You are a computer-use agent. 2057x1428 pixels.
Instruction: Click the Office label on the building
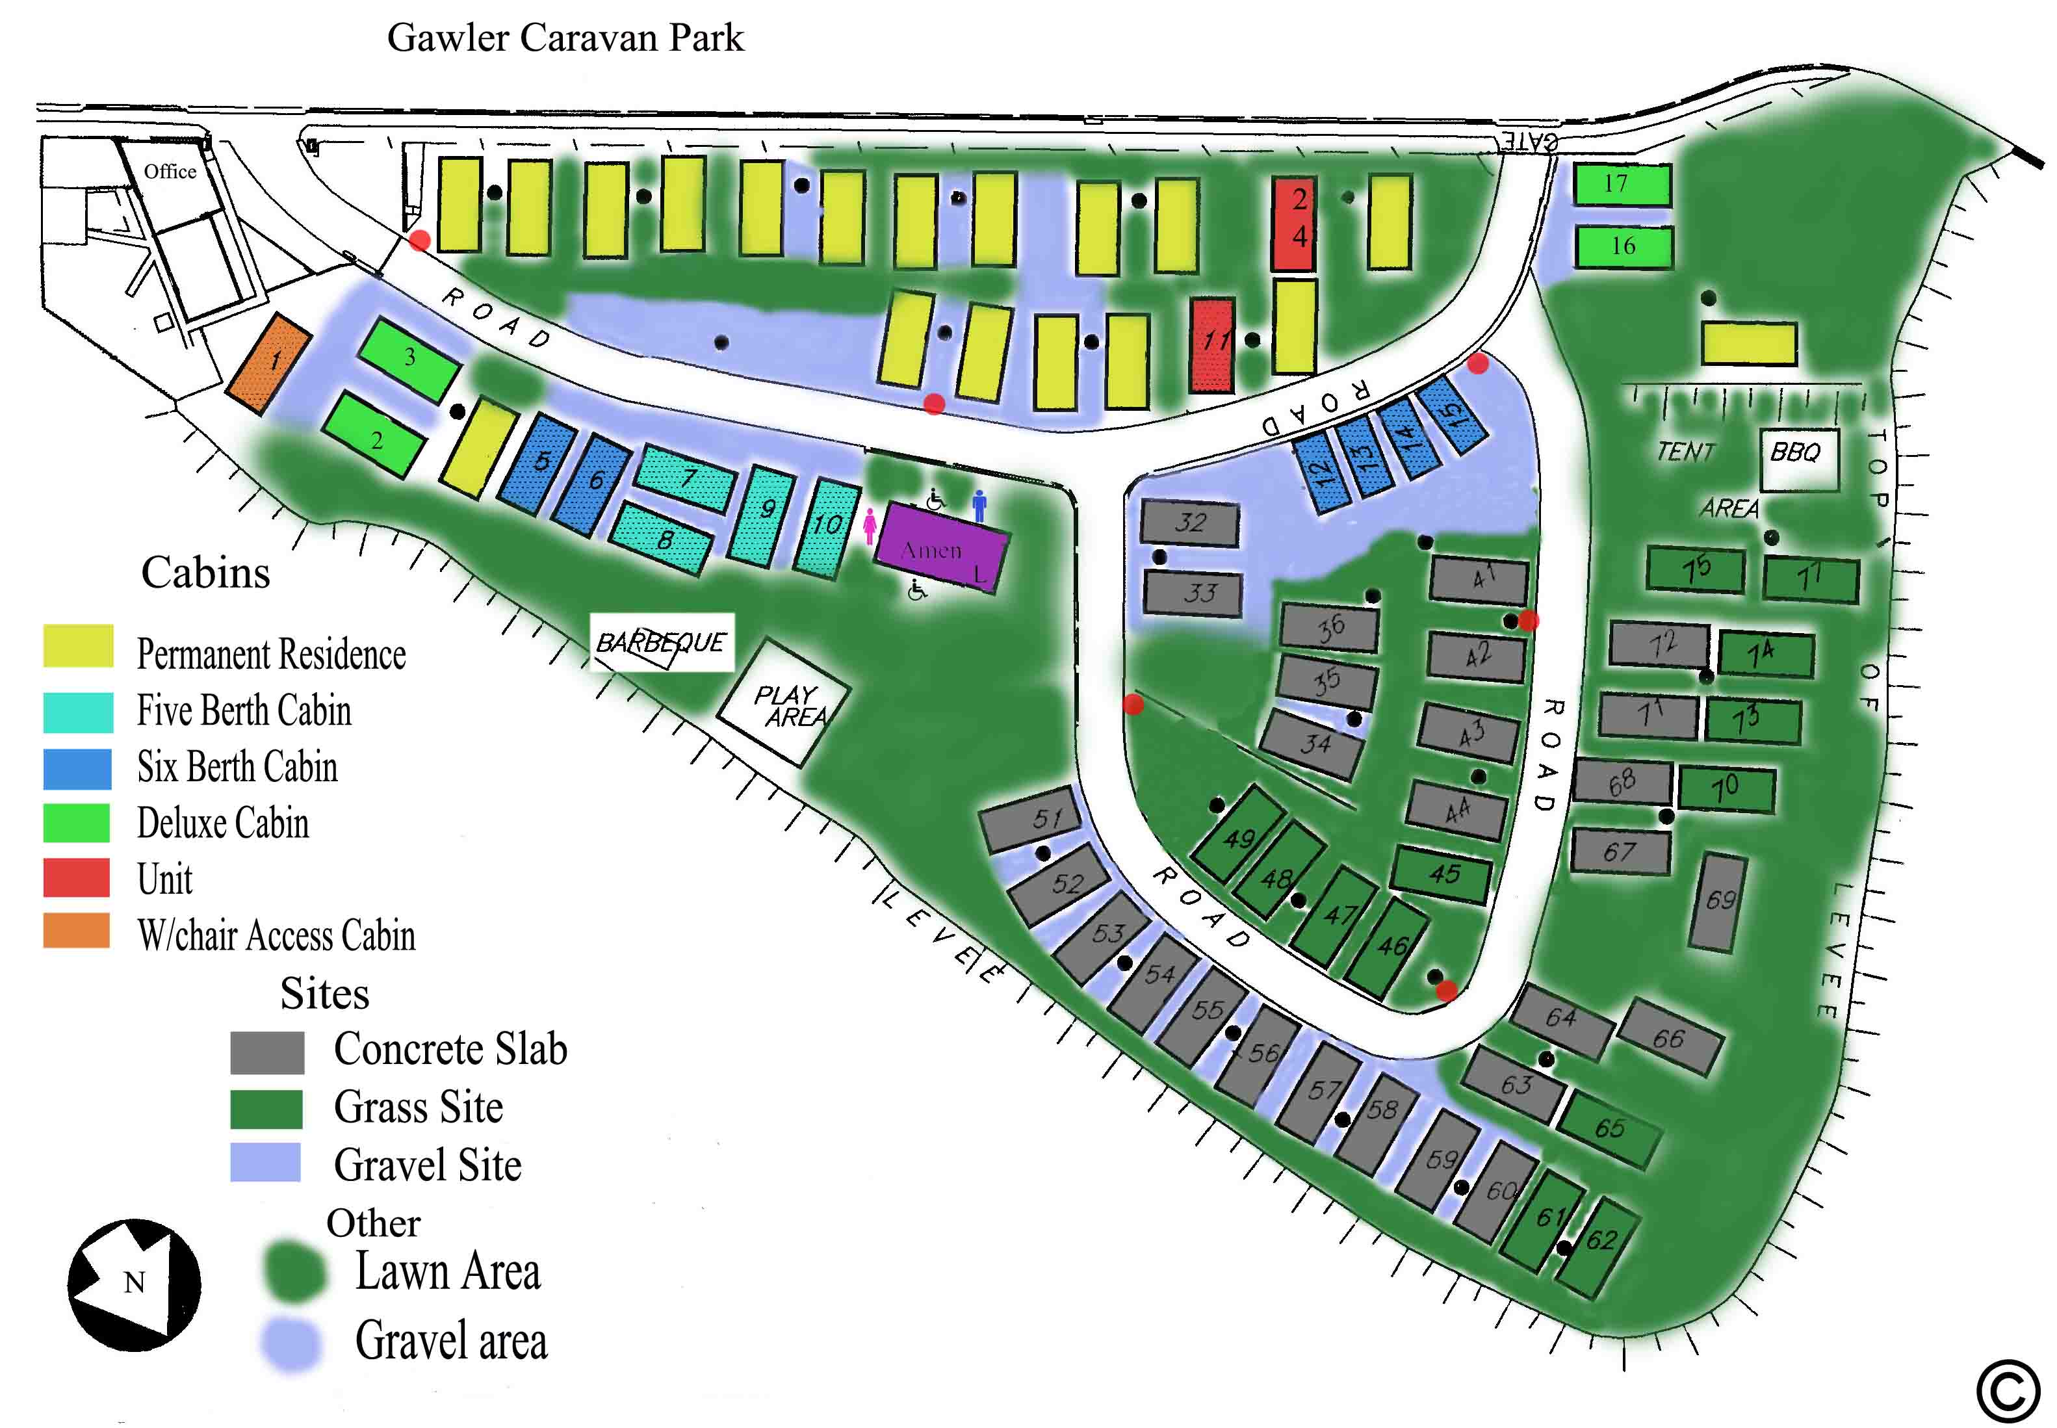[x=170, y=171]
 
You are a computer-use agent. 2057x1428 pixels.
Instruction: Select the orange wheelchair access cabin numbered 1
[x=268, y=363]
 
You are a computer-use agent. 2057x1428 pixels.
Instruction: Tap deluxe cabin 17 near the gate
[x=1622, y=185]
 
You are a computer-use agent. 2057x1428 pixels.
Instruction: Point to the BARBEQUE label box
[x=661, y=642]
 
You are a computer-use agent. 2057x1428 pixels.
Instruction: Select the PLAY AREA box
[x=784, y=704]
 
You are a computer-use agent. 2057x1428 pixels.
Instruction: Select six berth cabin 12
[x=1321, y=471]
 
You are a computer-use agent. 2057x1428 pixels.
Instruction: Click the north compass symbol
[x=135, y=1284]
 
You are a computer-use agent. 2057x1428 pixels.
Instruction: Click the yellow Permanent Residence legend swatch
[x=78, y=645]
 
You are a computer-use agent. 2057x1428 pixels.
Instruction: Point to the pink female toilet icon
[x=869, y=525]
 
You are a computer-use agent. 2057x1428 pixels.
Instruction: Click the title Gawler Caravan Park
[x=565, y=38]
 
